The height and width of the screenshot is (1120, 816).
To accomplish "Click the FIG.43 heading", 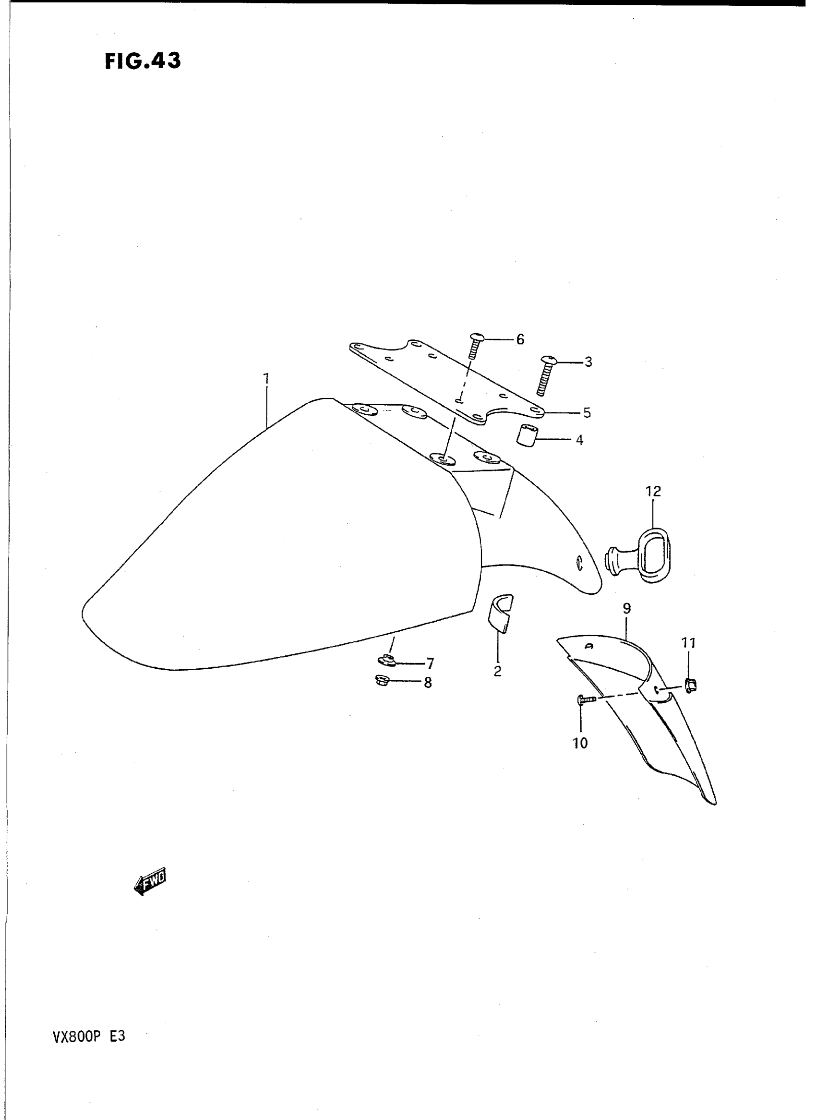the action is [143, 61].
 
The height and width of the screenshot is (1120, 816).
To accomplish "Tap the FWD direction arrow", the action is [150, 881].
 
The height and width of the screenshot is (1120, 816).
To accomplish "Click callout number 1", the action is [266, 379].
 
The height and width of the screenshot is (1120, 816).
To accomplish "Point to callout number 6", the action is [520, 339].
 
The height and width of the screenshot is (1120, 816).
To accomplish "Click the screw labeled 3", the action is [544, 376].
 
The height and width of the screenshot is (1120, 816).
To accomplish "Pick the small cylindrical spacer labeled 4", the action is [527, 435].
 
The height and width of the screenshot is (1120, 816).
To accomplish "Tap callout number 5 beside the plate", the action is [587, 412].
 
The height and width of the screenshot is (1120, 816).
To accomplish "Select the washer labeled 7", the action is [387, 660].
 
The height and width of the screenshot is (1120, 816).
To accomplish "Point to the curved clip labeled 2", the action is [500, 613].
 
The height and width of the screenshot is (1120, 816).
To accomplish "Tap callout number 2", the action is [497, 671].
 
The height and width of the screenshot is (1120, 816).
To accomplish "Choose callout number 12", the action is [653, 491].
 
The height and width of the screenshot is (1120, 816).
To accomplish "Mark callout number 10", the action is [580, 743].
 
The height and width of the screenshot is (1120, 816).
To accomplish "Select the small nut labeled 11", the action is [690, 684].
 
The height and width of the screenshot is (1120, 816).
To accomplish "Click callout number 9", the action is [627, 609].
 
